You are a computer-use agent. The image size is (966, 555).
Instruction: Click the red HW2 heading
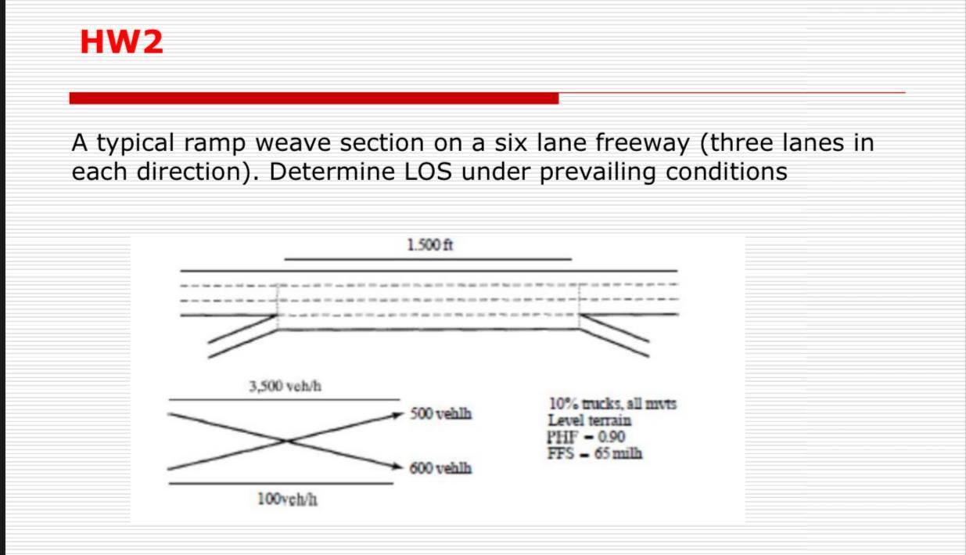[121, 41]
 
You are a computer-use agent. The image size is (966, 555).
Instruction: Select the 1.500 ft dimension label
[429, 245]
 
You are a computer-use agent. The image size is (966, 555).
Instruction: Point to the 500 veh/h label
[440, 413]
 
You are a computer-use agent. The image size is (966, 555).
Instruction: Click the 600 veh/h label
[440, 468]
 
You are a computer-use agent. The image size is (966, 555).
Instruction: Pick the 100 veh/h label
[286, 499]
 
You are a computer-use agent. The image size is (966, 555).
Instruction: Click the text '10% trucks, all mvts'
[612, 404]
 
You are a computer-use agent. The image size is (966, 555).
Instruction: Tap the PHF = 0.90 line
[586, 436]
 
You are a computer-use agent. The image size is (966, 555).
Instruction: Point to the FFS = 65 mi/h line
[594, 452]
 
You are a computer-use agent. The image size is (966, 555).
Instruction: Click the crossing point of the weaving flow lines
[285, 441]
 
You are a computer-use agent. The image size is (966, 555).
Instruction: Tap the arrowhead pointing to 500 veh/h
[397, 414]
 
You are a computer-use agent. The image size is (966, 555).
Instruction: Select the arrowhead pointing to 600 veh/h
[397, 467]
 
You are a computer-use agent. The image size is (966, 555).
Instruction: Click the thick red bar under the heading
[314, 98]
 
